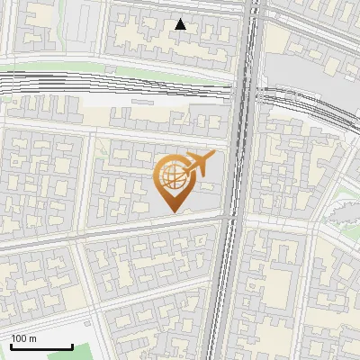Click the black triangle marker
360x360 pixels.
tap(181, 24)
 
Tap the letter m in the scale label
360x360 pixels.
tap(32, 338)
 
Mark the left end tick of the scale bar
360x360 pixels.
tap(12, 346)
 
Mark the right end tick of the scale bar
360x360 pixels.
tap(72, 346)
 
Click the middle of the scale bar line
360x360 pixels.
tap(41, 346)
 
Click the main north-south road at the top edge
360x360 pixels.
tap(253, 4)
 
